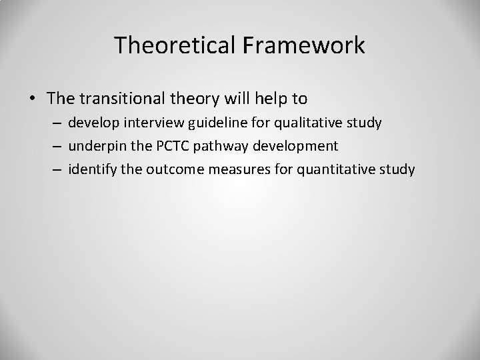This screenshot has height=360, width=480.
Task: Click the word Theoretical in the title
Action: (175, 45)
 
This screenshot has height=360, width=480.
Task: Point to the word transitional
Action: (117, 99)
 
